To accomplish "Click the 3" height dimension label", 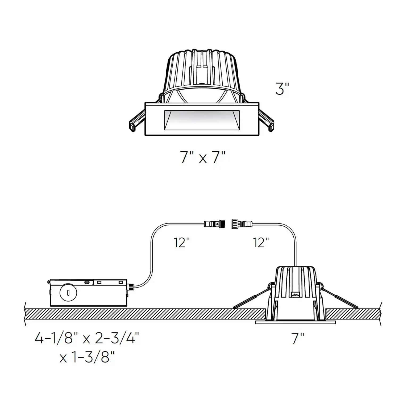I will pyautogui.click(x=282, y=89).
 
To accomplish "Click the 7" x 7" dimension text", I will pyautogui.click(x=203, y=157).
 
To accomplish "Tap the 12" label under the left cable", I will pyautogui.click(x=182, y=243).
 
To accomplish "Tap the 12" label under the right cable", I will pyautogui.click(x=261, y=243).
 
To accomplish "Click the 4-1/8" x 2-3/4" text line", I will pyautogui.click(x=87, y=339).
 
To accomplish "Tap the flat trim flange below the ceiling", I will pyautogui.click(x=296, y=323).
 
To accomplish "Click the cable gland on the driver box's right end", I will pyautogui.click(x=131, y=287).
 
